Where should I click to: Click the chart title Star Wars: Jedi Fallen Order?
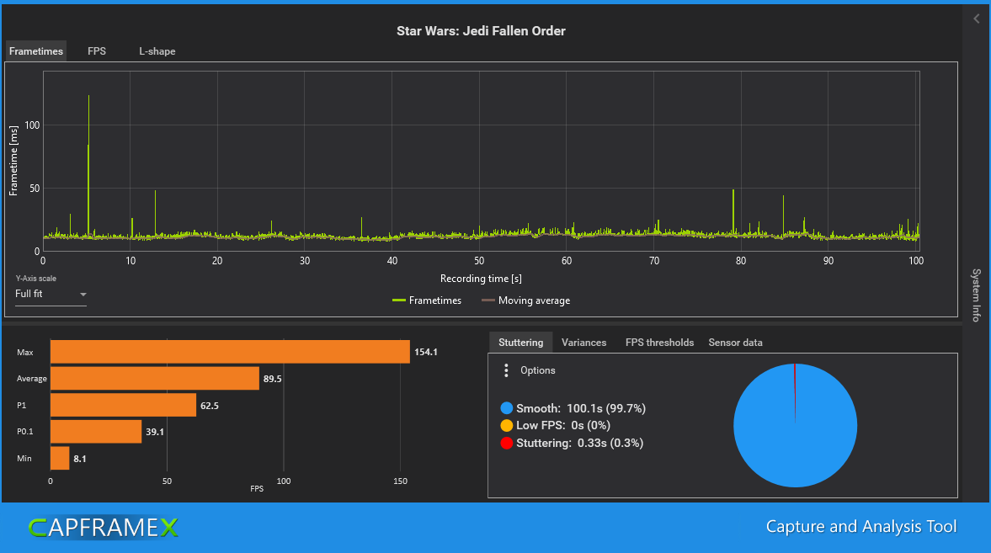481,31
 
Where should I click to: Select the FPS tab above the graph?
97,51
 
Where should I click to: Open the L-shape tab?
157,51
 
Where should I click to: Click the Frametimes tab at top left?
36,51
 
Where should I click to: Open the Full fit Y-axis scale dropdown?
51,294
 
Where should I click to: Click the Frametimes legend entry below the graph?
427,300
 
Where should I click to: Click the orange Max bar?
230,351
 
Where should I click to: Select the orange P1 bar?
123,405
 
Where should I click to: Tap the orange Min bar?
60,458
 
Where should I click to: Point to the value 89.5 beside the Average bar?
273,379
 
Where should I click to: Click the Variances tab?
583,343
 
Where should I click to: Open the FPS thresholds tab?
659,343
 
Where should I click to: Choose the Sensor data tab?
735,343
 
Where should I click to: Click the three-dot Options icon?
506,370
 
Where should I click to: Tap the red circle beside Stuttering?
507,443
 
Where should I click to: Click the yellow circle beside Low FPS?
507,425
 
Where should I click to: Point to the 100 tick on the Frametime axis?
32,125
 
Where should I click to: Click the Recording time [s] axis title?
481,278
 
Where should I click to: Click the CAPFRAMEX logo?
103,528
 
